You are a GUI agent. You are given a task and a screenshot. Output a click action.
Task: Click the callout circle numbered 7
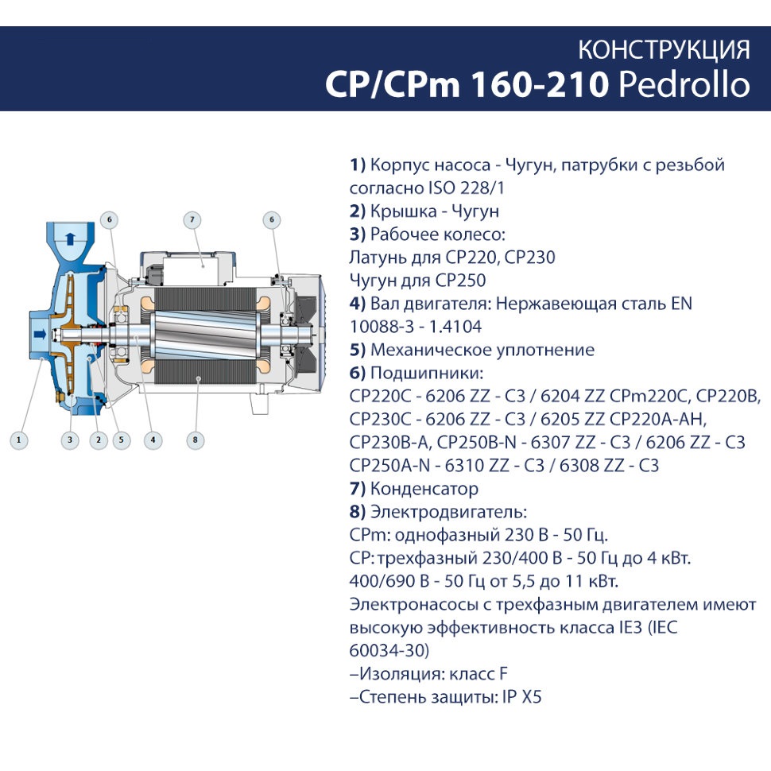click(x=192, y=220)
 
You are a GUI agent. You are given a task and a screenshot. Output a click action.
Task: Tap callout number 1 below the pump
click(x=19, y=440)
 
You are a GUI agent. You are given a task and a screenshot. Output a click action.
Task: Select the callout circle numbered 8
click(x=196, y=440)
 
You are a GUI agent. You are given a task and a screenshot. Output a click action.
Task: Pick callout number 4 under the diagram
click(x=153, y=440)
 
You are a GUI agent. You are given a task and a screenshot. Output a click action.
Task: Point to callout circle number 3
click(x=70, y=440)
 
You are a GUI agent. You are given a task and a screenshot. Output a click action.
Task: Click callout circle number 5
click(x=121, y=440)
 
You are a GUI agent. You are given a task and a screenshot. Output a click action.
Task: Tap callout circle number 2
click(x=99, y=440)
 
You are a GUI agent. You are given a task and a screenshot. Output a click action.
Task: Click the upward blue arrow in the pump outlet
click(x=70, y=239)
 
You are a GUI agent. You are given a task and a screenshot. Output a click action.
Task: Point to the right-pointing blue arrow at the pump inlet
click(x=40, y=335)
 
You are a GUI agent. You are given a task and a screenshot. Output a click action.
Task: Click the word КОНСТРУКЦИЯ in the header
click(x=664, y=49)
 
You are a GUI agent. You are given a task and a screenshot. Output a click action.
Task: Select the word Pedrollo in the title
click(x=684, y=84)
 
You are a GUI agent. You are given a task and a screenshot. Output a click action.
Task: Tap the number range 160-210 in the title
click(x=540, y=84)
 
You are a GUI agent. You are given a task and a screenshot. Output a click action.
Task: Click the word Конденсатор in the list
click(x=424, y=489)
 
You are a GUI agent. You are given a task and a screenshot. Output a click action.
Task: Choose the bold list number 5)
click(x=358, y=350)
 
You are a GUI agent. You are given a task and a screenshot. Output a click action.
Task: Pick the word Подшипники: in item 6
click(x=427, y=374)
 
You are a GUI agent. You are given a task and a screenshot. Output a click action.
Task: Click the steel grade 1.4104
click(x=455, y=327)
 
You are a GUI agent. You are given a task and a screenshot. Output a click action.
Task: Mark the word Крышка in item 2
click(x=402, y=211)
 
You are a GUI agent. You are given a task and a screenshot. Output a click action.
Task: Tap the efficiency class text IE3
click(x=630, y=628)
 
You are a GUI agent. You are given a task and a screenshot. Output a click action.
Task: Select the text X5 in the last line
click(x=531, y=697)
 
